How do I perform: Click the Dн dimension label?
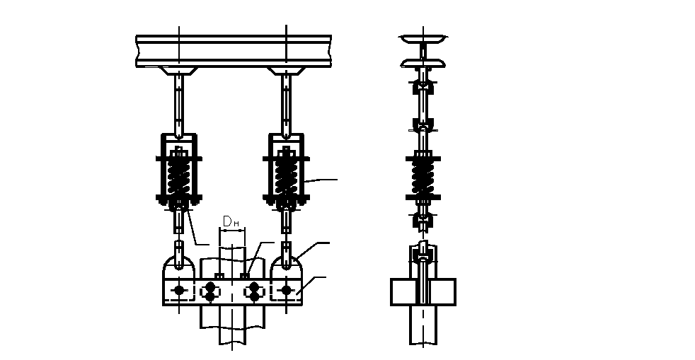coord(231,222)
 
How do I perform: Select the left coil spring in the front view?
coord(179,176)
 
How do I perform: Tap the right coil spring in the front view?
coord(287,176)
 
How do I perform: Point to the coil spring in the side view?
coord(423,177)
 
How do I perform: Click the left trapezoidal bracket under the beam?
coord(178,71)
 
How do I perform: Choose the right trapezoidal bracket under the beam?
coord(287,71)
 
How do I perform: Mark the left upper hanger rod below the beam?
coord(179,105)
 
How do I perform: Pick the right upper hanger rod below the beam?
coord(287,105)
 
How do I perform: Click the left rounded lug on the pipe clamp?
coord(179,267)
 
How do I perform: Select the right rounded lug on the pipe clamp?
coord(287,267)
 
